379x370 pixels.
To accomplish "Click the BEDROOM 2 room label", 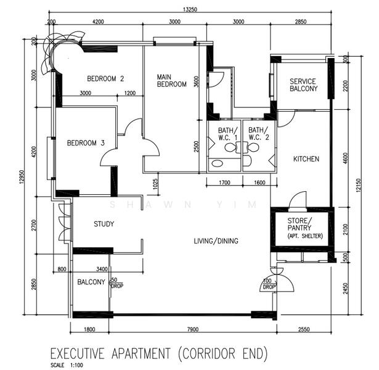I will pos(105,78).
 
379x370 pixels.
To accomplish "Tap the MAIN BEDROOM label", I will pos(171,80).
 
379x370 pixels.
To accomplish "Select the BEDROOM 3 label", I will pos(86,143).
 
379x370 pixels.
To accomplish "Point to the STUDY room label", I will pos(104,224).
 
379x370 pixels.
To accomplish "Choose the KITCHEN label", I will pos(306,159).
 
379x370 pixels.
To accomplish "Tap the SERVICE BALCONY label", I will pos(303,85).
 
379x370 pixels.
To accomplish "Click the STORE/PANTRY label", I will pos(300,224).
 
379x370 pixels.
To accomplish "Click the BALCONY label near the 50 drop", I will pos(91,282).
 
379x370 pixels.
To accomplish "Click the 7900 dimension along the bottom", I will pos(192,330).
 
